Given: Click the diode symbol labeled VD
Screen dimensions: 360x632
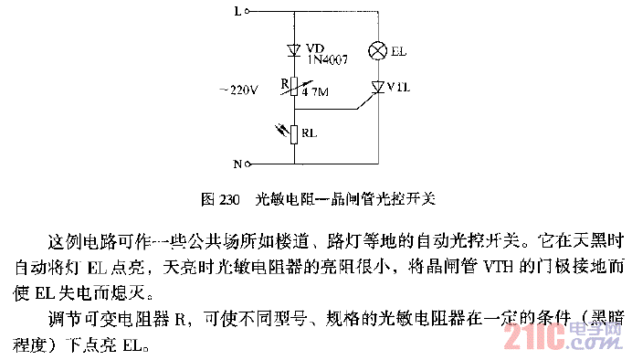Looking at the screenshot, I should pos(295,49).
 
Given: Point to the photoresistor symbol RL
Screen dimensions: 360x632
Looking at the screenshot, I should pos(295,134).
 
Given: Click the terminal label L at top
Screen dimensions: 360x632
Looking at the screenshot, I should pos(239,13).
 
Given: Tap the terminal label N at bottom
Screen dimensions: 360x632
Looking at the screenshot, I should pos(237,164).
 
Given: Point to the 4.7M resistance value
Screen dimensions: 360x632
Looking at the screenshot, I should pos(317,92).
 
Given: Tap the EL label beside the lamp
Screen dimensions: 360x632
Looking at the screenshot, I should pos(398,52).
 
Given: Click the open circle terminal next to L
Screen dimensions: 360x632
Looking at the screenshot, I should pos(250,13).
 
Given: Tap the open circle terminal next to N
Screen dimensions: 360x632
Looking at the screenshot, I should pos(248,164).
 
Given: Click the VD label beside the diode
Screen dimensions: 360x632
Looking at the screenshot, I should pos(316,48).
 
